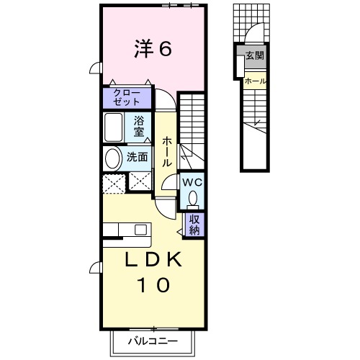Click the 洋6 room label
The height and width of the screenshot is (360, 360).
153,49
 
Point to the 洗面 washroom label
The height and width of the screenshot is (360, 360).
138,156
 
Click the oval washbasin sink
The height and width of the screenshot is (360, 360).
113,158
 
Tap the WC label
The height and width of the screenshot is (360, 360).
192,182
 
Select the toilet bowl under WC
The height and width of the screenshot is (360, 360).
193,197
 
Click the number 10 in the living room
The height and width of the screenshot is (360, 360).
153,285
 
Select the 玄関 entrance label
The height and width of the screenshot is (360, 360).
255,55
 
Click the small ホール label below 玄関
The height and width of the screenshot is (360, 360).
255,81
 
